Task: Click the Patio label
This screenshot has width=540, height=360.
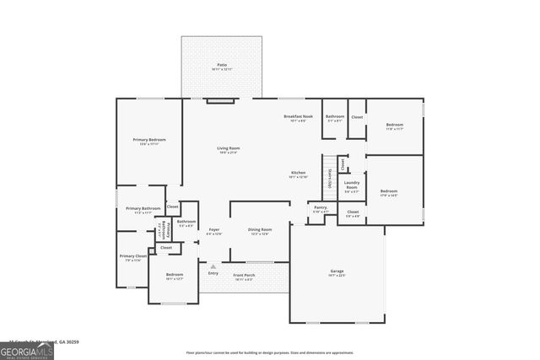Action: pos(222,65)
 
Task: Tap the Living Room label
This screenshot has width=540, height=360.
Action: pos(229,148)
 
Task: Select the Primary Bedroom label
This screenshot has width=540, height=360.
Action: pos(149,139)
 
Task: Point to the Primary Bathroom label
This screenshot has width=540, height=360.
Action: pos(143,208)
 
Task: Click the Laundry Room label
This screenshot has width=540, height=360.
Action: pos(352,185)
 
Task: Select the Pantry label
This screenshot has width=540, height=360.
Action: pos(321,207)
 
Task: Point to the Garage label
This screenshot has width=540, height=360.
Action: pos(337,271)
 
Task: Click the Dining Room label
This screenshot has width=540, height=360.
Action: pos(260,229)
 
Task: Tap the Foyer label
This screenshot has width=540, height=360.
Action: pos(214,229)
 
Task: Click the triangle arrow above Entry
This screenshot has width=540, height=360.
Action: pos(213,266)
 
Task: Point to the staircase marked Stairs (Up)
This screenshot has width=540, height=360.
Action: pos(329,173)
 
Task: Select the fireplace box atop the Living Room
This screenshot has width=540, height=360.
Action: pos(221,101)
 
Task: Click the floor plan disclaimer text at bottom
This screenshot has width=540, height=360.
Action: pos(270,352)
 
